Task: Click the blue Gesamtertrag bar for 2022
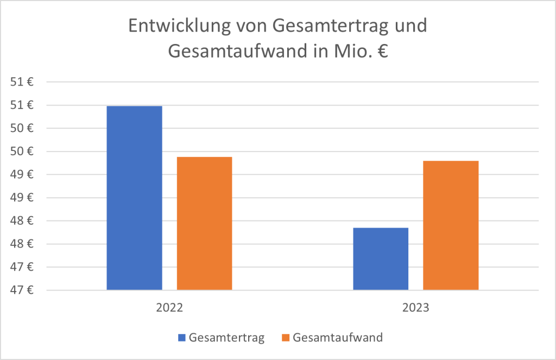tap(134, 198)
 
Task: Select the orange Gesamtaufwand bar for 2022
tap(204, 223)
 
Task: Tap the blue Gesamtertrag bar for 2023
tap(380, 258)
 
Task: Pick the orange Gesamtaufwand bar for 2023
tap(451, 225)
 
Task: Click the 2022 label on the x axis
tap(169, 307)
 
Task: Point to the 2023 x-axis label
tap(416, 307)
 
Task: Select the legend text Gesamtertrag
tap(227, 338)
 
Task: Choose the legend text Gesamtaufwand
tap(338, 338)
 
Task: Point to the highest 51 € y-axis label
tap(23, 83)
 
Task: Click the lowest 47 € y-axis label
tap(23, 290)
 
